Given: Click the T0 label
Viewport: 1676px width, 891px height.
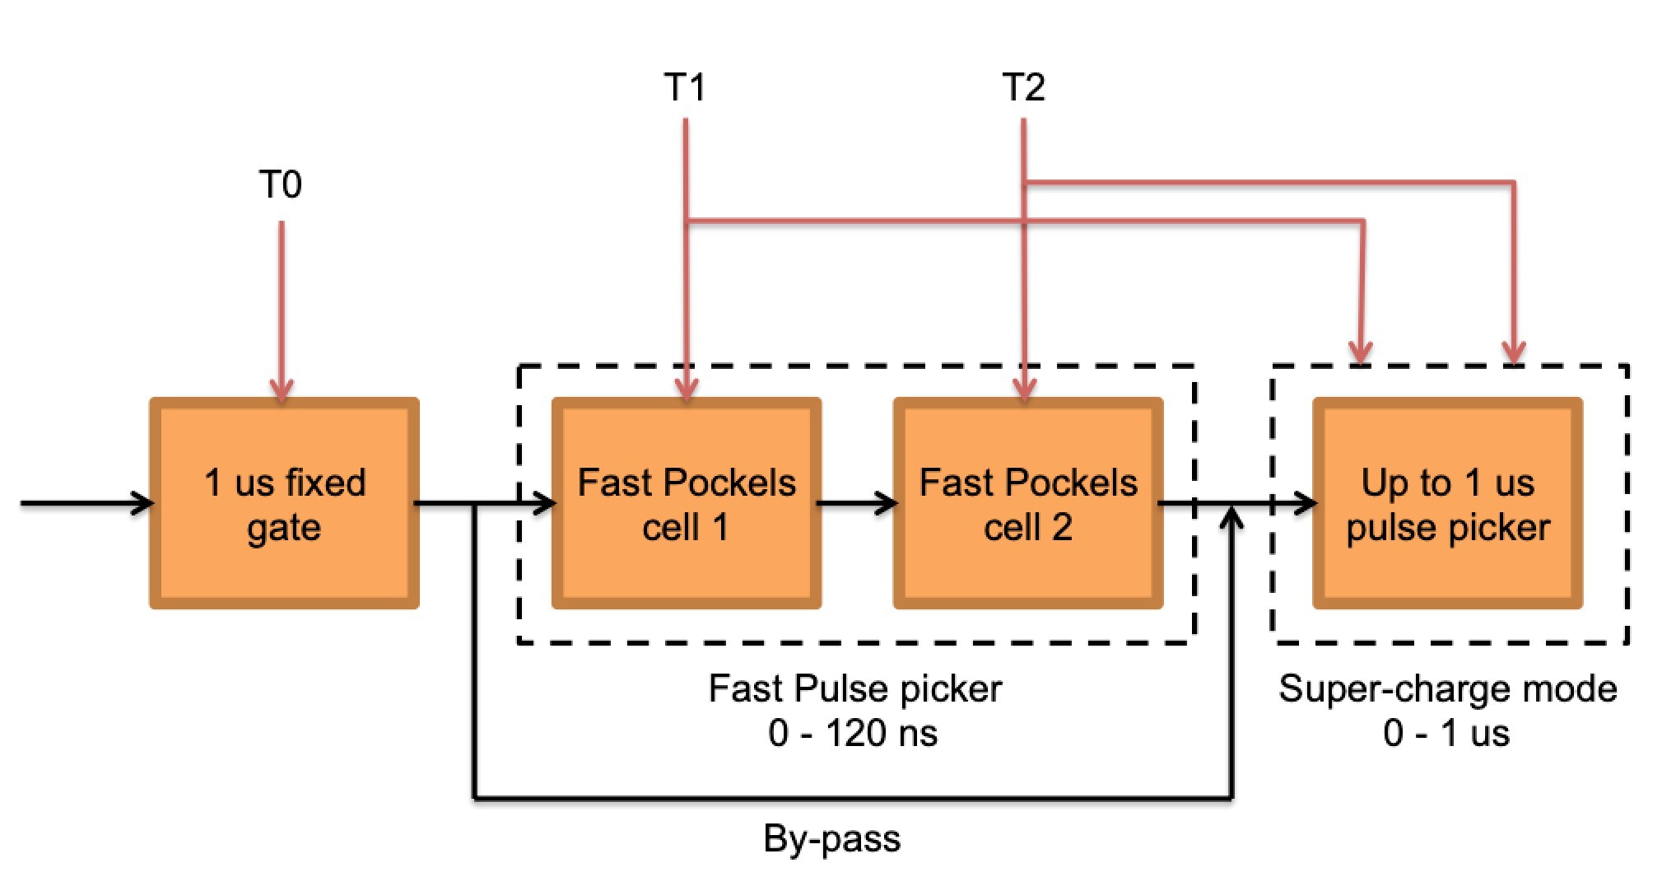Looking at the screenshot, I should (x=280, y=184).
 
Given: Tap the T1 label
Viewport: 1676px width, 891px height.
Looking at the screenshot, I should (x=685, y=86).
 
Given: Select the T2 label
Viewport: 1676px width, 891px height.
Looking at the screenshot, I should (x=1024, y=86).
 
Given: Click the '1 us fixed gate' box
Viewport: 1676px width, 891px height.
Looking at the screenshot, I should (x=284, y=504).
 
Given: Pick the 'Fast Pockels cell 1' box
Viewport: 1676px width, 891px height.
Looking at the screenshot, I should (x=686, y=504).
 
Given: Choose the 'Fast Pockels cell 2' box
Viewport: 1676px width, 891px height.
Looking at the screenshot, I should (x=1028, y=504).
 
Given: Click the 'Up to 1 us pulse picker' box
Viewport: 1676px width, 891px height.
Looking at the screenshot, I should (x=1447, y=504).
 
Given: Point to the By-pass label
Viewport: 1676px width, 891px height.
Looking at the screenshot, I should (x=831, y=839).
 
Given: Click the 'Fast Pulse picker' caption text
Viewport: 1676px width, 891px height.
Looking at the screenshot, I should (x=854, y=688).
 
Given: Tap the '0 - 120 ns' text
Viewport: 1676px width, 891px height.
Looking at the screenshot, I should (x=853, y=733).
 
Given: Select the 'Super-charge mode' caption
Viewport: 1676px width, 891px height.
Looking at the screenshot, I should (x=1447, y=688).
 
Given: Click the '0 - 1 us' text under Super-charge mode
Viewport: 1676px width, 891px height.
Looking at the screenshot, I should (x=1446, y=733).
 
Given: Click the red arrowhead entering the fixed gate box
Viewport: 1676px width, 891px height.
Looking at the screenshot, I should (x=282, y=390).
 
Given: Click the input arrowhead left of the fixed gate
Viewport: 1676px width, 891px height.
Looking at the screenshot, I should (x=142, y=502).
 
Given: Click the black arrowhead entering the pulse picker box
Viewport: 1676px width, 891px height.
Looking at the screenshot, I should (x=1306, y=502).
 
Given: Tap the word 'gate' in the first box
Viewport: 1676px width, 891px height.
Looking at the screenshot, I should (x=284, y=528).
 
